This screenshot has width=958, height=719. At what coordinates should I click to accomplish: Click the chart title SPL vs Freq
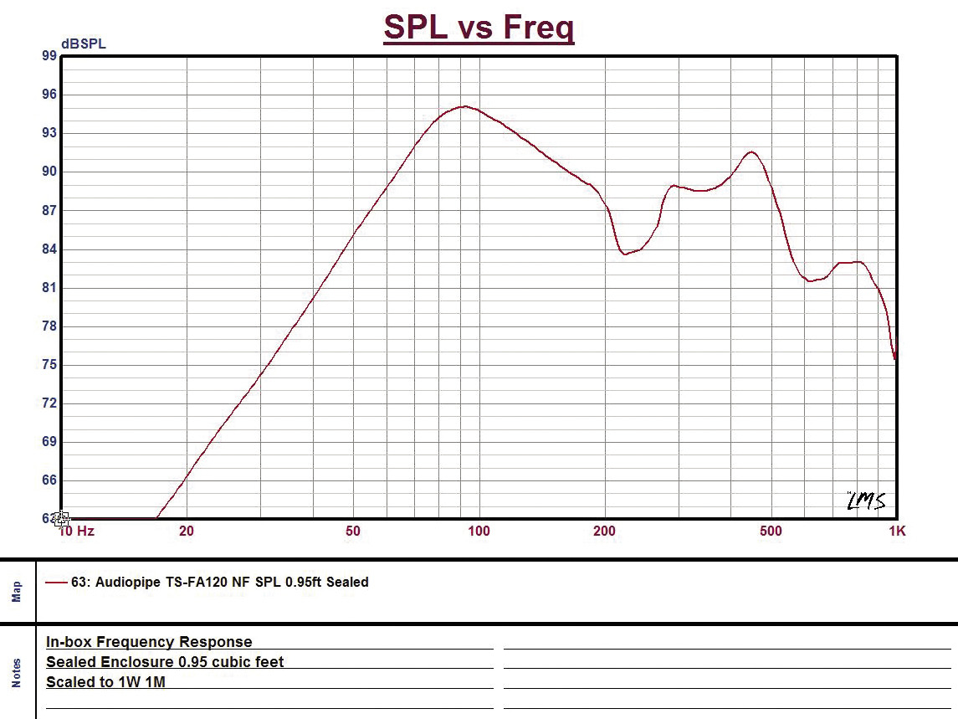click(479, 27)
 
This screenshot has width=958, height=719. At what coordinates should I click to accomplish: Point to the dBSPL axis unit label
click(84, 44)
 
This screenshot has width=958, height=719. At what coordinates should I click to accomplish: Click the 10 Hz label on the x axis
click(77, 531)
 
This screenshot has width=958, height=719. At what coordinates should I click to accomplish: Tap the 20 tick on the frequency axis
click(186, 531)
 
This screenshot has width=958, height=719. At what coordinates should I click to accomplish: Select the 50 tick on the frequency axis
click(353, 531)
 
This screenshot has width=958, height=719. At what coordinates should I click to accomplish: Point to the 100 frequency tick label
click(479, 531)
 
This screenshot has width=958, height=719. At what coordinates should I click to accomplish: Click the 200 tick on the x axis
click(604, 531)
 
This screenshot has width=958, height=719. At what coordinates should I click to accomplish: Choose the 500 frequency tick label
click(771, 531)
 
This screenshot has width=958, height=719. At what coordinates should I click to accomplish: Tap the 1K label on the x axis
click(897, 531)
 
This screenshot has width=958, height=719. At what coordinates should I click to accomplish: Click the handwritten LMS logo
click(865, 501)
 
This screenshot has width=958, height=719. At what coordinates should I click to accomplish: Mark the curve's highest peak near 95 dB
click(464, 106)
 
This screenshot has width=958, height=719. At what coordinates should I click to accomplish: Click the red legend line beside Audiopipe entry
click(56, 583)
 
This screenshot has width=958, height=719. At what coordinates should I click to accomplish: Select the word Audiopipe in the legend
click(126, 582)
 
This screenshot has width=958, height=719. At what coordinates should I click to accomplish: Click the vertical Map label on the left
click(17, 593)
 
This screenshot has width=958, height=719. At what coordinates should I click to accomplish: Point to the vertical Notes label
click(17, 672)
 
